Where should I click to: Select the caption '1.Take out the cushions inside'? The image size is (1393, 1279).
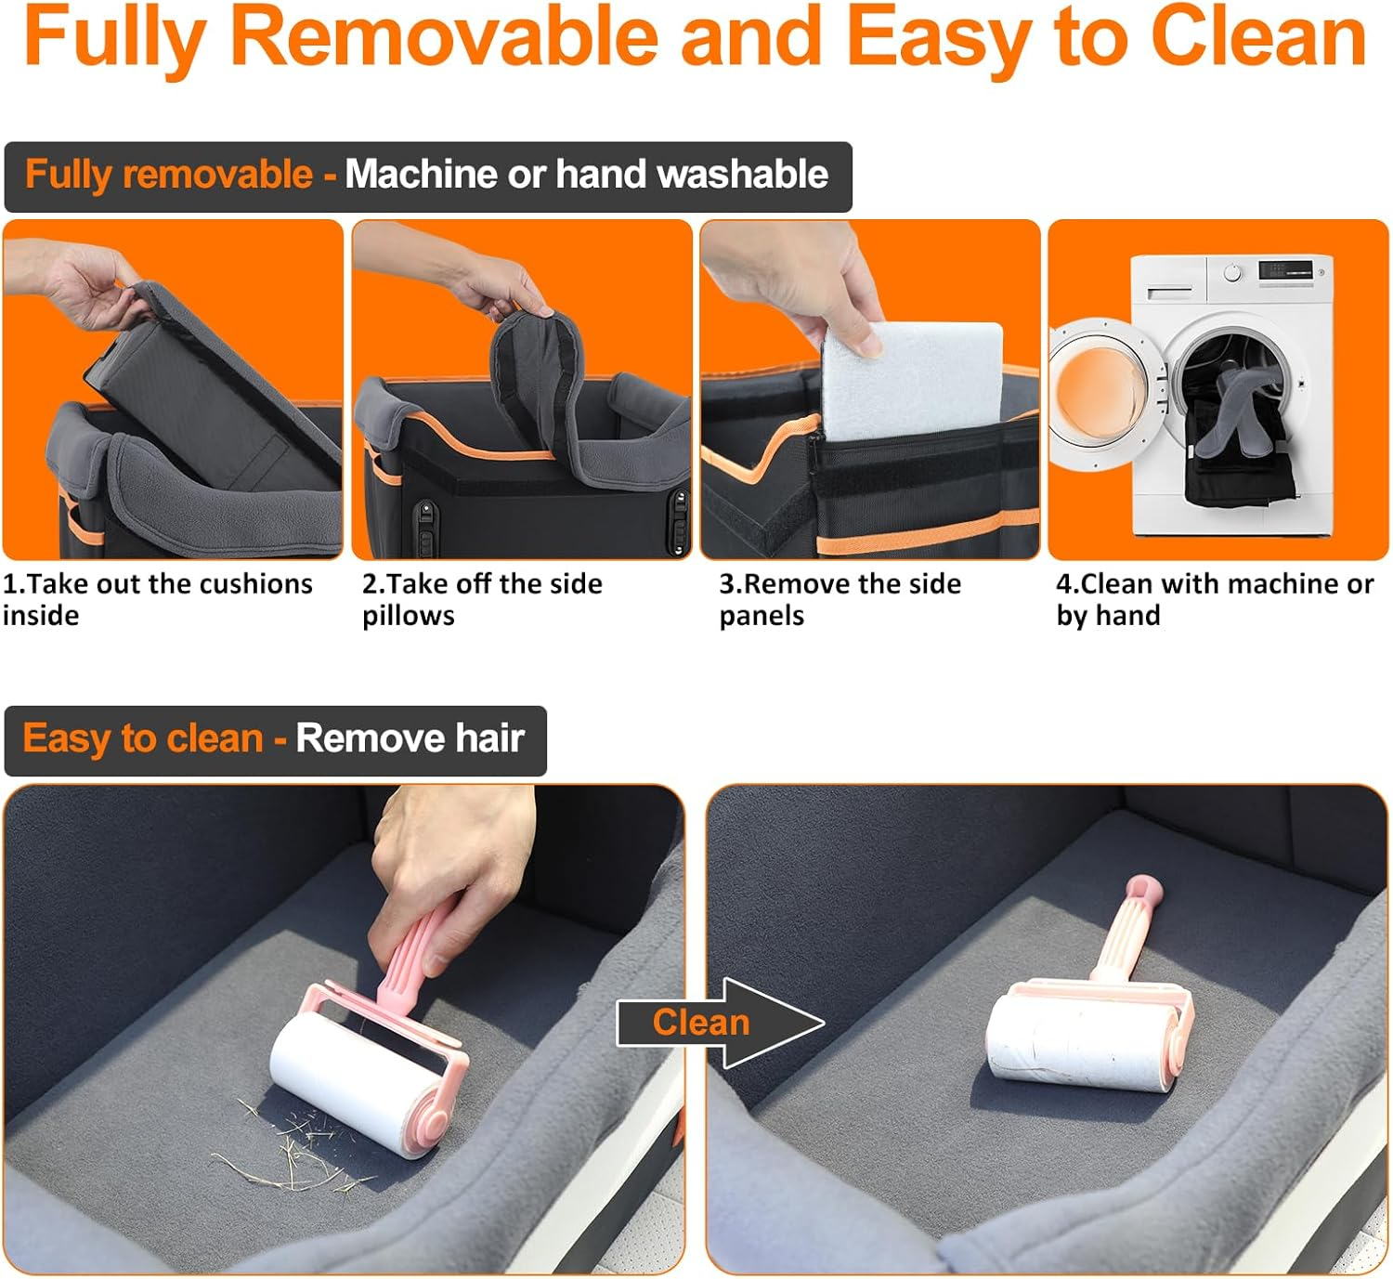point(158,599)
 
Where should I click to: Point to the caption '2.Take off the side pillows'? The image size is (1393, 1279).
point(482,599)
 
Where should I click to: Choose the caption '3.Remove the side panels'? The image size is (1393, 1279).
point(840,599)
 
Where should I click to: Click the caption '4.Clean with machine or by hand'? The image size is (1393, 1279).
point(1214,599)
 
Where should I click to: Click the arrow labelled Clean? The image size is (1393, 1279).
point(720,1023)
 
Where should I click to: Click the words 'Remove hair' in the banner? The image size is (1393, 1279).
point(410,739)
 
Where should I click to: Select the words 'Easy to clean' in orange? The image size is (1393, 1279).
point(143,739)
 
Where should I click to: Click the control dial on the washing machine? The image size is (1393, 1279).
point(1232,273)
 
